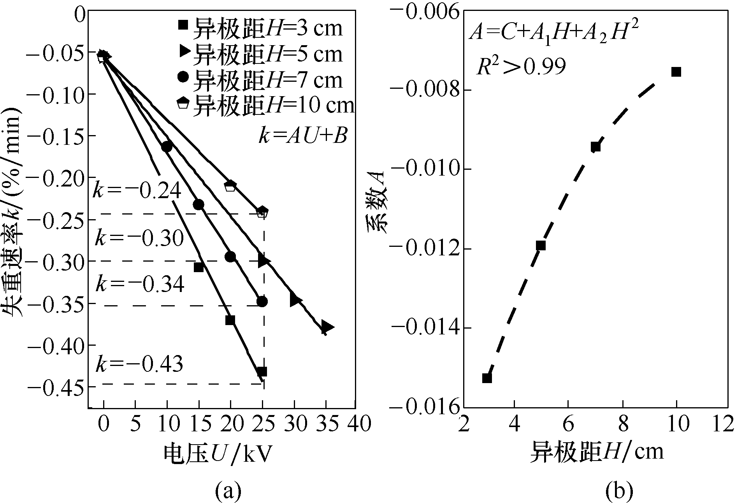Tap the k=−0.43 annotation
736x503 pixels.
(x=139, y=364)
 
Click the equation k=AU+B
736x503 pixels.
(x=302, y=137)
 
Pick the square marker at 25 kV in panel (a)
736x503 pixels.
(x=262, y=371)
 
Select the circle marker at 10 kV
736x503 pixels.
(x=167, y=146)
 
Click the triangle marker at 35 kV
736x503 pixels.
(x=327, y=327)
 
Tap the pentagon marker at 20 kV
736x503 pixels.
(x=230, y=186)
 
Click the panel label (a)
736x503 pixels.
(x=228, y=490)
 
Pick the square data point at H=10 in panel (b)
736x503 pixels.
(x=676, y=72)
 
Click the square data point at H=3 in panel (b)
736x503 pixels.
(x=487, y=378)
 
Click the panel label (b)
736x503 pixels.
(x=619, y=490)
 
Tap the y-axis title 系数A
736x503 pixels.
(x=376, y=202)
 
